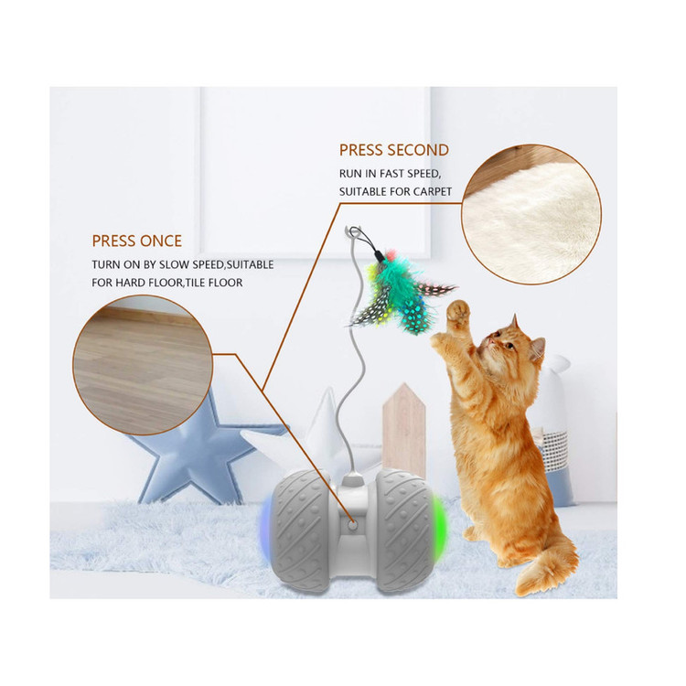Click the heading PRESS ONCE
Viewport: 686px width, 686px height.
pyautogui.click(x=136, y=241)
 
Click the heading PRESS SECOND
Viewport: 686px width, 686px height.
pyautogui.click(x=393, y=150)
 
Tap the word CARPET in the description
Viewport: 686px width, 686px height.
pyautogui.click(x=433, y=192)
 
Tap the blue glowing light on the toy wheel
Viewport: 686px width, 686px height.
pyautogui.click(x=265, y=529)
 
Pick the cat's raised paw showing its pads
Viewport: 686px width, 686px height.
pyautogui.click(x=458, y=313)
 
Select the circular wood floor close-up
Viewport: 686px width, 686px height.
pyautogui.click(x=143, y=365)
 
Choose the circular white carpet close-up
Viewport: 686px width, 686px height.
pyautogui.click(x=531, y=214)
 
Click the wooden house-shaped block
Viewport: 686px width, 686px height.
pyautogui.click(x=403, y=431)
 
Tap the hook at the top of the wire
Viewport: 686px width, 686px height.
pyautogui.click(x=353, y=232)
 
